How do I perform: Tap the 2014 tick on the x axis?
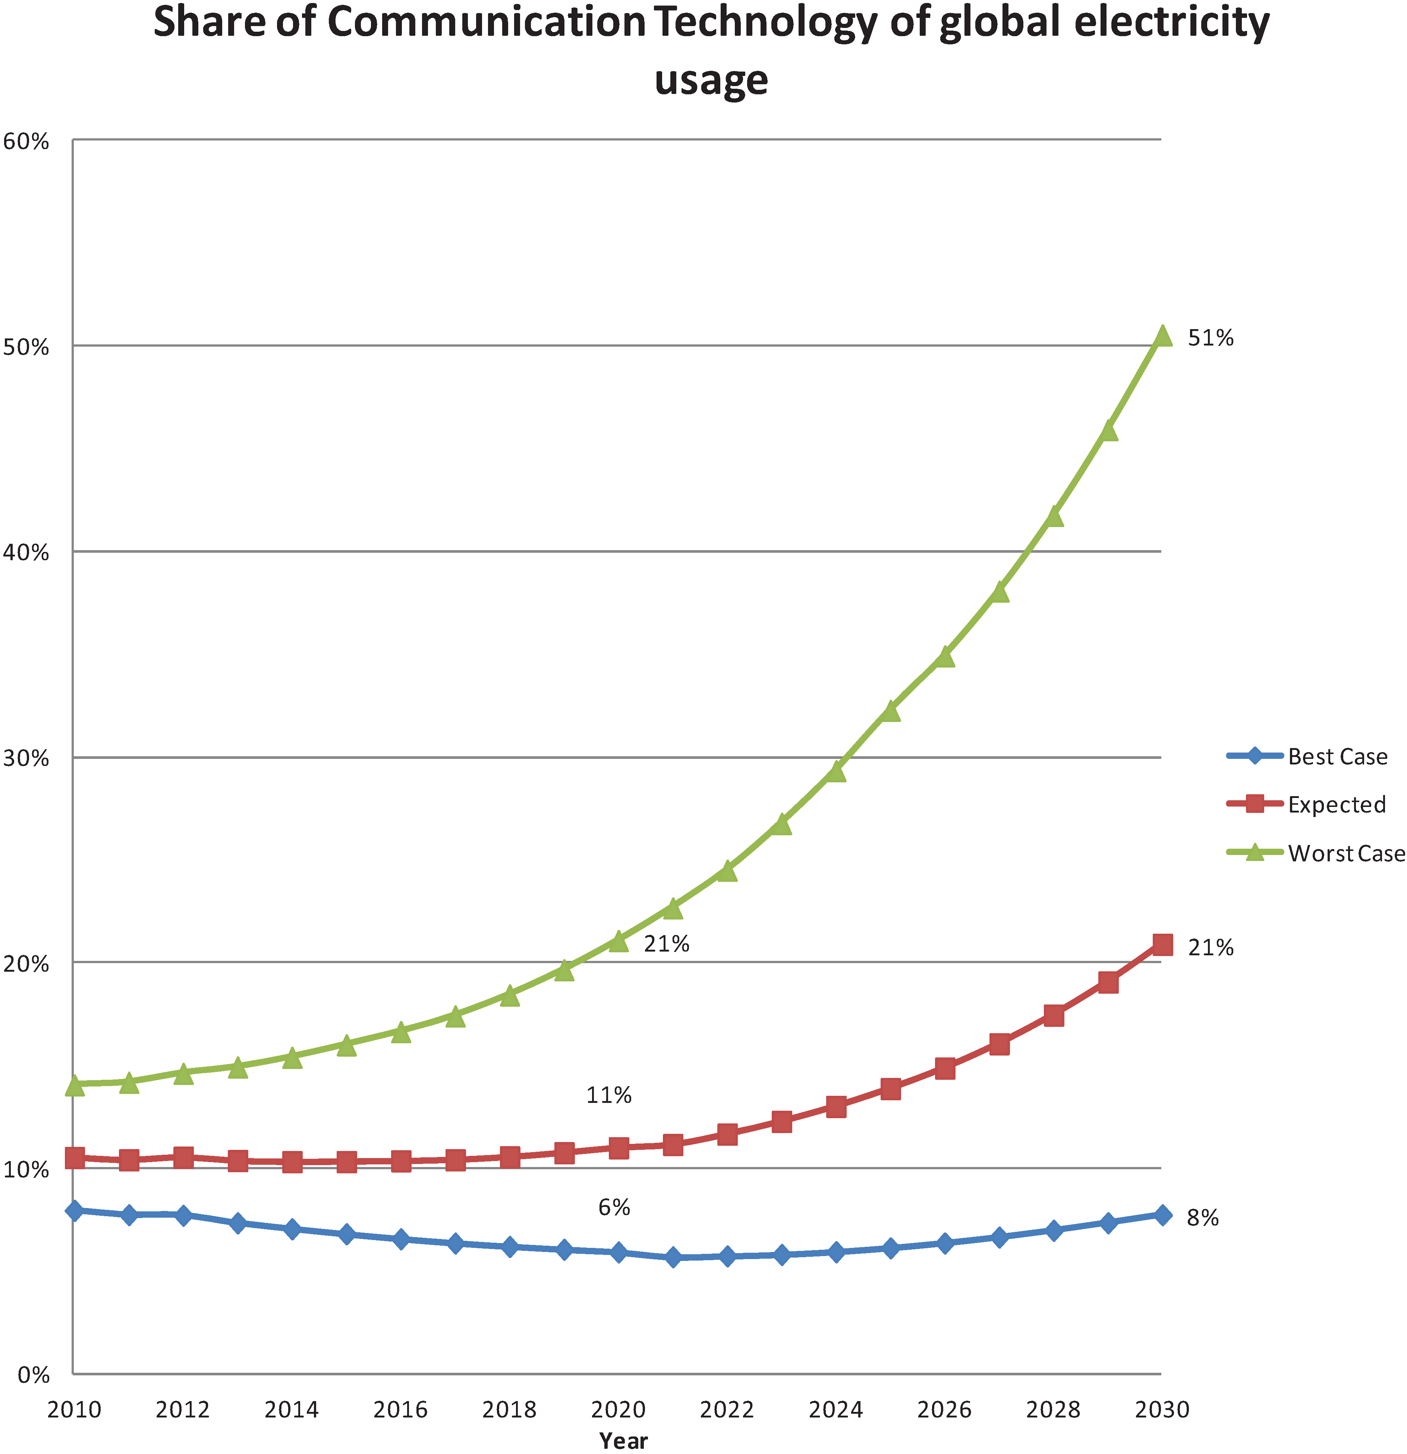tap(292, 1409)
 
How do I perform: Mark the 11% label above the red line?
tap(608, 1095)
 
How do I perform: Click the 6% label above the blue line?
tap(614, 1207)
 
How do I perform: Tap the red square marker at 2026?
tap(945, 1068)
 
